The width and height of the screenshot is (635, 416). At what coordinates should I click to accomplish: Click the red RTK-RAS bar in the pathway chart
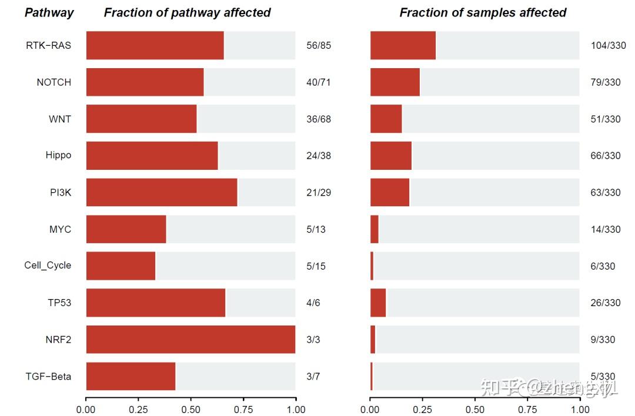tap(155, 45)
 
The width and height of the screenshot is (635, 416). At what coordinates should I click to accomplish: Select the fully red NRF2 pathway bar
tap(190, 340)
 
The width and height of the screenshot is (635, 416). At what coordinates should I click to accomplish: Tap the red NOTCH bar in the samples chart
tap(395, 82)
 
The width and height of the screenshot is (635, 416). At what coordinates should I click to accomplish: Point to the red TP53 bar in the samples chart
tap(378, 303)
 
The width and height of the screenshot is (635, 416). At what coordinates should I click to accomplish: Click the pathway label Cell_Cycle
tap(48, 266)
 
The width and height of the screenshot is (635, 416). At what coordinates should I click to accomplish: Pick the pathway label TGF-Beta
tap(48, 376)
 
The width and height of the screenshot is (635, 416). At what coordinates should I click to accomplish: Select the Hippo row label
tap(58, 156)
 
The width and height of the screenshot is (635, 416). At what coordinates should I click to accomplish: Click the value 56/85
tap(319, 46)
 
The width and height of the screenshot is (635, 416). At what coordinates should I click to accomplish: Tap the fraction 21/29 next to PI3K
tap(319, 193)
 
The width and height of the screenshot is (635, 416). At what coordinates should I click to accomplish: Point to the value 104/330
tap(608, 46)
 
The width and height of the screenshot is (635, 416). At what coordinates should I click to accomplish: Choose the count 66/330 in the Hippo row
tap(606, 156)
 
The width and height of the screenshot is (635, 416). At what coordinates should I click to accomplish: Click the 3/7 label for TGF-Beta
tap(313, 377)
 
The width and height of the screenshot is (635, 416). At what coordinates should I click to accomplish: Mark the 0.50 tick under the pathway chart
tap(190, 410)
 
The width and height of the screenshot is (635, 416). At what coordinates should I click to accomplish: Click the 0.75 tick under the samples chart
tap(527, 410)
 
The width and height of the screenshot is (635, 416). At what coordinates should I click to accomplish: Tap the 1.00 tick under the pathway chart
tap(295, 410)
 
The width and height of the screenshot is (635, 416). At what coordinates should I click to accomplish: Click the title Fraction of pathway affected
tap(187, 12)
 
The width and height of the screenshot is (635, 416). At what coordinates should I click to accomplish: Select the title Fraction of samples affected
tap(483, 12)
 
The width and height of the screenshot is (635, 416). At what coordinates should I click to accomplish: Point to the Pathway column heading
tap(49, 12)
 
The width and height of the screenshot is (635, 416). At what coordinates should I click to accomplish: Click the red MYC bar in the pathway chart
tap(126, 229)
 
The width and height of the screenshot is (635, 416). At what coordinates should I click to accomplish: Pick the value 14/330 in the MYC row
tap(606, 229)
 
